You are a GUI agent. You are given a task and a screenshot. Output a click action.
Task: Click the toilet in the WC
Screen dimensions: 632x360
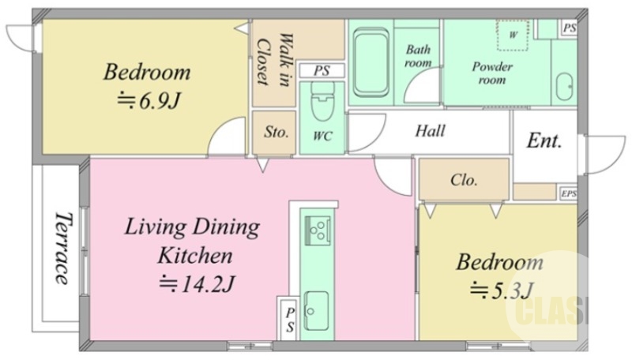coord(322,102)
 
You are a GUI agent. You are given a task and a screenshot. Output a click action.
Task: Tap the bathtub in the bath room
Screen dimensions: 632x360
coord(371,62)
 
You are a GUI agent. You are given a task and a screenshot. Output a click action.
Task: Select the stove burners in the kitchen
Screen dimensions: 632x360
coord(318,231)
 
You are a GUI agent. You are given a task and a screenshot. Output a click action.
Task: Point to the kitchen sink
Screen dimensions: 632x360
coord(317,310)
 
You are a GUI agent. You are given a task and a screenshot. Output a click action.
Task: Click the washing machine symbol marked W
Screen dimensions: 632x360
coord(513,35)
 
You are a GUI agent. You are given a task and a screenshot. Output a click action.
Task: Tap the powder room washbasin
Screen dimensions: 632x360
coord(564,87)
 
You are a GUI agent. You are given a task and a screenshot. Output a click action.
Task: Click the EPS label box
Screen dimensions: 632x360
coord(569,193)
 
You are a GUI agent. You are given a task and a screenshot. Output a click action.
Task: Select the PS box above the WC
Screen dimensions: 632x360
coord(322,70)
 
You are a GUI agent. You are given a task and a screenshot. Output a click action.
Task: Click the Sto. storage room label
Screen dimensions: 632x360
coord(276,132)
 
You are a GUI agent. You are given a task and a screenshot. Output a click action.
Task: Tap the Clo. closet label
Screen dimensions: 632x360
coord(464,179)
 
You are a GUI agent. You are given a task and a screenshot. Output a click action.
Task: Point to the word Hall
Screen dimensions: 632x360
coord(431,130)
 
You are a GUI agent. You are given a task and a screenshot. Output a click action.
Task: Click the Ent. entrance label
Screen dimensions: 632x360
coord(544,141)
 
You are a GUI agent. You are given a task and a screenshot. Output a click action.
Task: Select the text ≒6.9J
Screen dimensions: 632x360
coord(148,101)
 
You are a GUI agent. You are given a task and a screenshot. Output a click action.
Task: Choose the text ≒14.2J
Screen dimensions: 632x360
coord(196,284)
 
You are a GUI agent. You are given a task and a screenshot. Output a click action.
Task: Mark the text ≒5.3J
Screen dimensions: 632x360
coord(502,290)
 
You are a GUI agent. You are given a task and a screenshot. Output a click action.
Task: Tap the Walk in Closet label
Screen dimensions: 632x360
coord(274,61)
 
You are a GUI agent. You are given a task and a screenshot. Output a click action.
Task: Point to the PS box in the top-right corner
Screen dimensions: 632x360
coord(570,28)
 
